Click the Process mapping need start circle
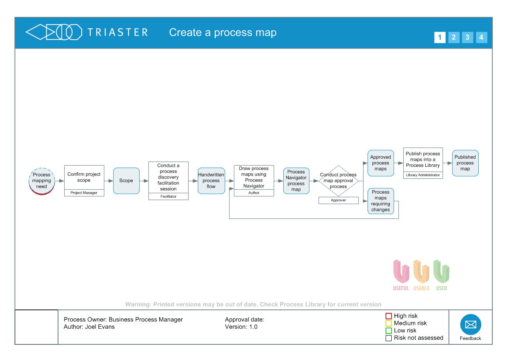tap(42, 181)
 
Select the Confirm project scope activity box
tap(84, 177)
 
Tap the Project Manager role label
tap(84, 193)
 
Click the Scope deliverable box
tap(126, 181)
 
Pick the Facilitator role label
tap(168, 196)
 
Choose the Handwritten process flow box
tap(211, 181)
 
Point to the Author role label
tap(254, 193)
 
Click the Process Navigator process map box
tap(296, 181)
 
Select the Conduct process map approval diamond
tap(338, 181)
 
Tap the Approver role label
tap(338, 200)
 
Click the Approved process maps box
tap(380, 163)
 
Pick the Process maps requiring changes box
tap(380, 201)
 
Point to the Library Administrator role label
tap(423, 175)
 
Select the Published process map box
tap(465, 163)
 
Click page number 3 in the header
tap(467, 38)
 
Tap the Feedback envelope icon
tap(470, 325)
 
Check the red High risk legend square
tap(388, 316)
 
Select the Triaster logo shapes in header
tap(54, 32)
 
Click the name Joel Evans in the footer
tap(100, 327)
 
